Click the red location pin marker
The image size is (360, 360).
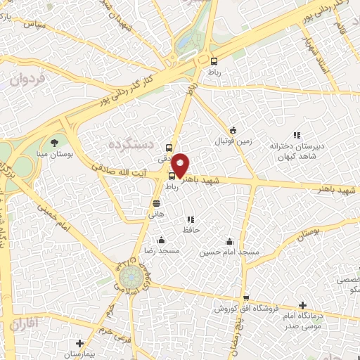[181, 165]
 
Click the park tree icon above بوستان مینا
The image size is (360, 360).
[54, 143]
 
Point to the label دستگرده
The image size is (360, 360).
[130, 143]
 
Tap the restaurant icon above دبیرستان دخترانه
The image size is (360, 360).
[297, 134]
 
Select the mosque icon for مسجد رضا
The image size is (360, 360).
[162, 240]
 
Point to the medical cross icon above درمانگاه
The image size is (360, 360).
[303, 306]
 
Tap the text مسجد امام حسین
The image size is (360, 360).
[229, 251]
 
